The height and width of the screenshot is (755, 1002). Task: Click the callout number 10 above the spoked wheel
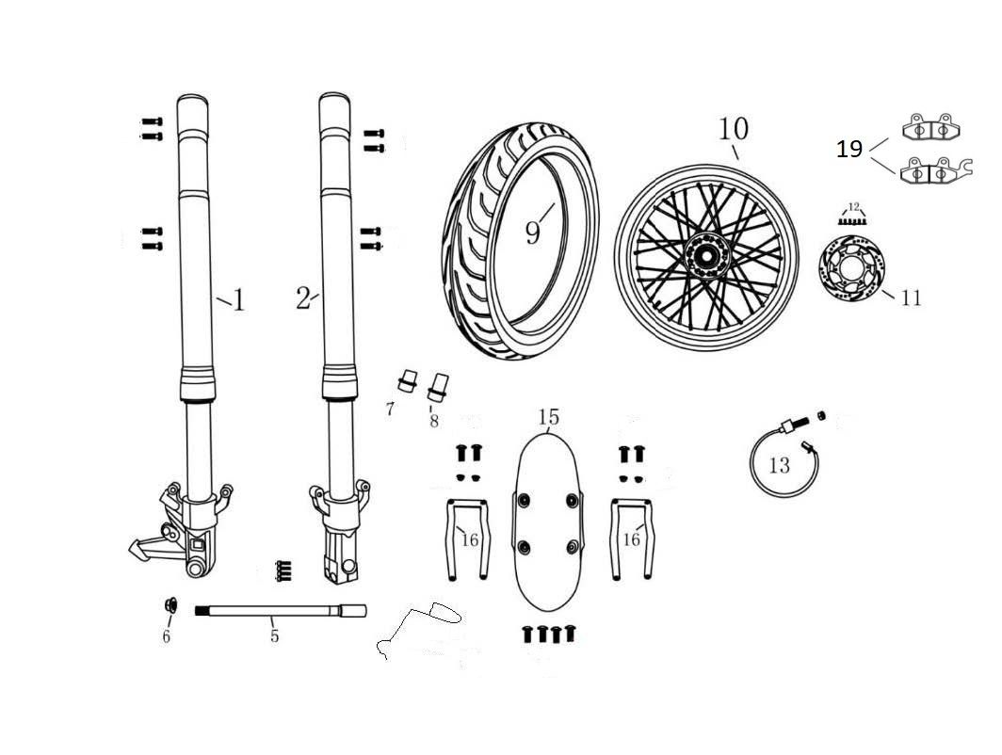pos(734,129)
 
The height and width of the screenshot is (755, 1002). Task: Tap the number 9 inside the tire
pos(534,231)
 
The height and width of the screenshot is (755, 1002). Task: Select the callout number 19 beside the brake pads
pos(849,149)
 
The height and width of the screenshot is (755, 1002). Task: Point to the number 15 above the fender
pos(548,417)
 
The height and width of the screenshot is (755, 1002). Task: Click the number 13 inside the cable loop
pos(779,465)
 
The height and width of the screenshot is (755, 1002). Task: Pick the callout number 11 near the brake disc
pos(910,298)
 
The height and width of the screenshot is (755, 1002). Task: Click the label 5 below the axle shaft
pos(274,636)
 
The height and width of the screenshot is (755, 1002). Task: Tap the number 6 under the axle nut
pos(167,637)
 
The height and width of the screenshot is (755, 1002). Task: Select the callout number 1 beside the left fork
pos(238,300)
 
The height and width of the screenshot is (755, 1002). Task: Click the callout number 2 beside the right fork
pos(302,299)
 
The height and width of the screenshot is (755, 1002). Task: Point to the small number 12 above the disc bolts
pos(854,205)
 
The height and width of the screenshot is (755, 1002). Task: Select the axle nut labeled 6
pos(170,605)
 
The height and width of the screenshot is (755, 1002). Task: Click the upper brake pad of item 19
pos(926,127)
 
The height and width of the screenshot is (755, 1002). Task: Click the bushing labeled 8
pos(436,386)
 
